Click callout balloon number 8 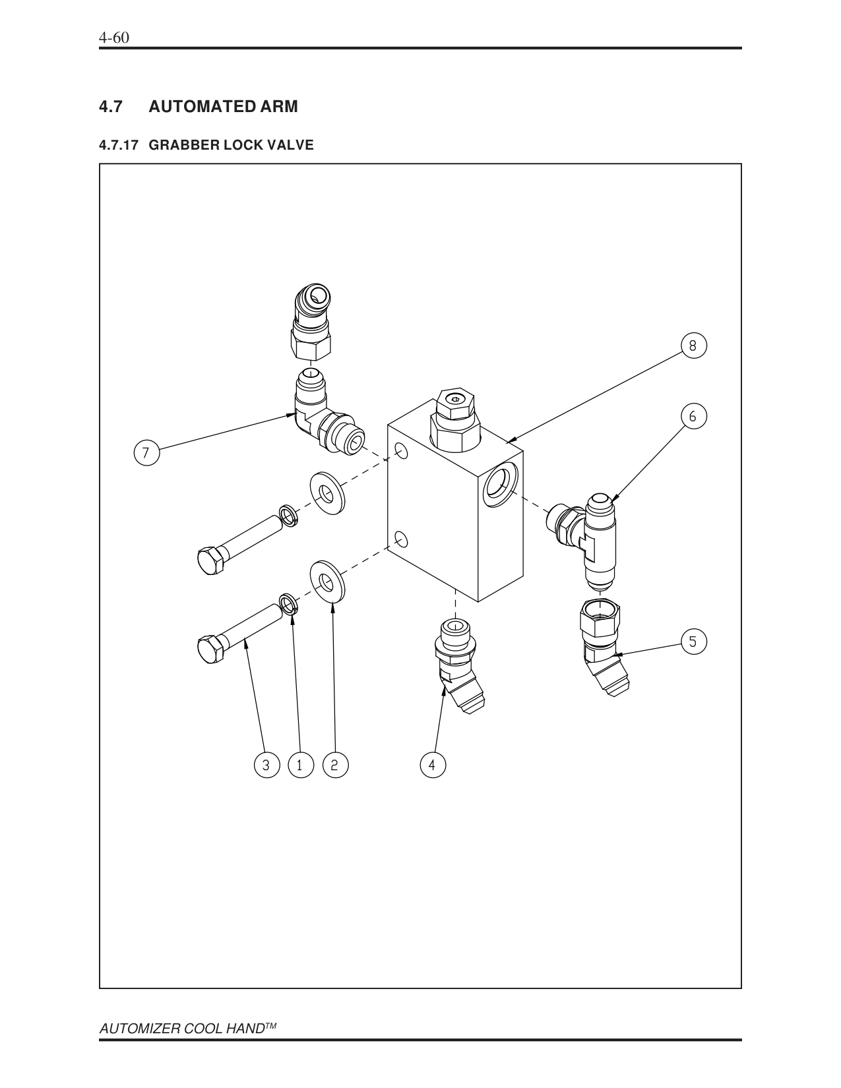pos(693,345)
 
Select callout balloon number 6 pos(693,416)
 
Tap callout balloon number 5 pos(693,641)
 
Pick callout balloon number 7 pos(146,454)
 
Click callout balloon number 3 pos(266,765)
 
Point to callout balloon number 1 pos(300,765)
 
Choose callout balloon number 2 pos(334,765)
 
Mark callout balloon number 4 pos(432,765)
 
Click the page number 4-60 pos(113,38)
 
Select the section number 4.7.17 pos(119,145)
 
